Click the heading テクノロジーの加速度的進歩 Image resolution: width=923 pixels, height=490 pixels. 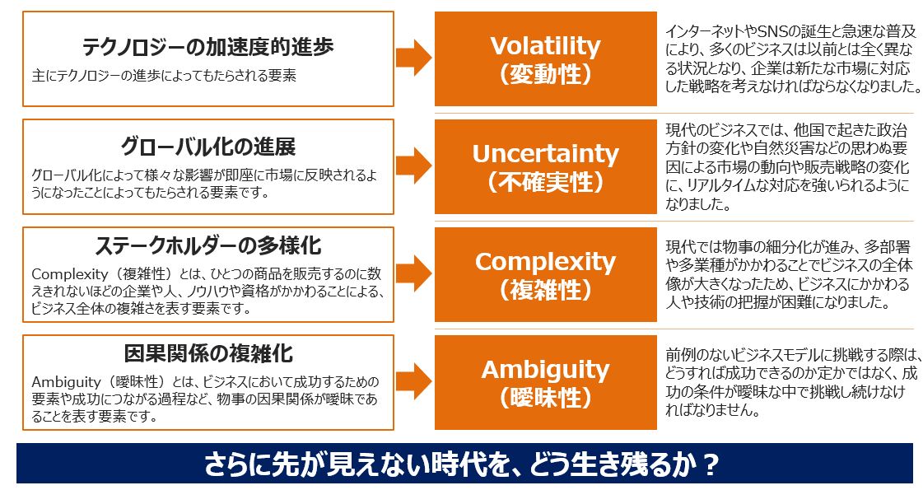pos(207,47)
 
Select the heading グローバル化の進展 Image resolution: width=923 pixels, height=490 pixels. pos(207,146)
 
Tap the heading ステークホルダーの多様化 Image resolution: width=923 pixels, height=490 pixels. pos(207,245)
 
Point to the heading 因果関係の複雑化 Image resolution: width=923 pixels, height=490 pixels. pos(207,353)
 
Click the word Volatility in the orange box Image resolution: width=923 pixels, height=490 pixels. pos(546,46)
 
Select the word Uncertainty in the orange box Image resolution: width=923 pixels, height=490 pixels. pos(546,154)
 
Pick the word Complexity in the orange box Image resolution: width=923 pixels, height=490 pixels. pos(546,263)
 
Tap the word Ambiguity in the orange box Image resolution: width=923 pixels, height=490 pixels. pos(546,371)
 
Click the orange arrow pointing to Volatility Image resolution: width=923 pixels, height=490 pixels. pos(413,58)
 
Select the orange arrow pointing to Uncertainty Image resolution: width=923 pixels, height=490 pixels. pos(413,166)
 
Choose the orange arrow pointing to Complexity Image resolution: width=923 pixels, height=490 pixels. pos(413,273)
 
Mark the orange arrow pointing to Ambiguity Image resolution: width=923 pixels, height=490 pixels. pos(413,381)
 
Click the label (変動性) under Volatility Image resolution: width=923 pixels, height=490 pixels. pos(546,74)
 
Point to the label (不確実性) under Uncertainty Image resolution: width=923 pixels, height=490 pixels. pos(546,182)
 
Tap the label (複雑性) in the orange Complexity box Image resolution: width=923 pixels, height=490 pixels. pos(546,290)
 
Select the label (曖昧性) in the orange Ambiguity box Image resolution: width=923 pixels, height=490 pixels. pos(546,398)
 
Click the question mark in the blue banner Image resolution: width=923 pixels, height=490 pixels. pos(711,464)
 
